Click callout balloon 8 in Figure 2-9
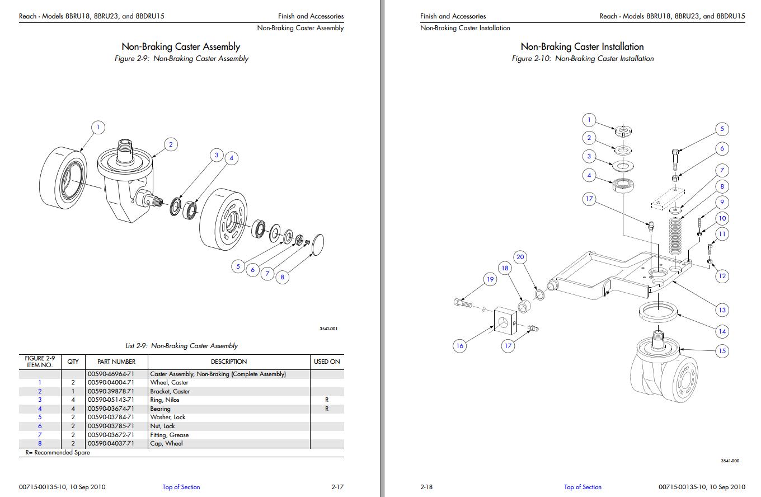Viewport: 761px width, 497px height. (282, 276)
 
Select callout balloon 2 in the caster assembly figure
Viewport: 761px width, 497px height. (171, 144)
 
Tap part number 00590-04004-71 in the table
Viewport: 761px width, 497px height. (111, 383)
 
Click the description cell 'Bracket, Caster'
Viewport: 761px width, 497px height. (170, 391)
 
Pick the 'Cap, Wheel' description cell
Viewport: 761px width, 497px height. (166, 443)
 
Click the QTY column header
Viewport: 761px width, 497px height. (73, 362)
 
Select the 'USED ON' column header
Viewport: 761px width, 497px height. (327, 362)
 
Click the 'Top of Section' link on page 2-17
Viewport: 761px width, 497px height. (181, 487)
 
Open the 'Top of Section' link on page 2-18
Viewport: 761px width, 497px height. (583, 487)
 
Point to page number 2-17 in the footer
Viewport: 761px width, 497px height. (337, 487)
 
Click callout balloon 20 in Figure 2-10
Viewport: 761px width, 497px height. (520, 257)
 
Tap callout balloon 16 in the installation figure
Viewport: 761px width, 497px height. (459, 346)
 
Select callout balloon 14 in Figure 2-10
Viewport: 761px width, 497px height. (722, 331)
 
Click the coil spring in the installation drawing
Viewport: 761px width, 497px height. (677, 235)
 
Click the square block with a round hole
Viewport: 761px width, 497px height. (504, 323)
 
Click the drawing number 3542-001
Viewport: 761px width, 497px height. (328, 329)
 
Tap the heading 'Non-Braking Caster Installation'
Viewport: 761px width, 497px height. (582, 46)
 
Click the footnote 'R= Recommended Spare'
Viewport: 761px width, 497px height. (58, 452)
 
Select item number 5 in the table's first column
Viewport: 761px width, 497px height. (40, 417)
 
